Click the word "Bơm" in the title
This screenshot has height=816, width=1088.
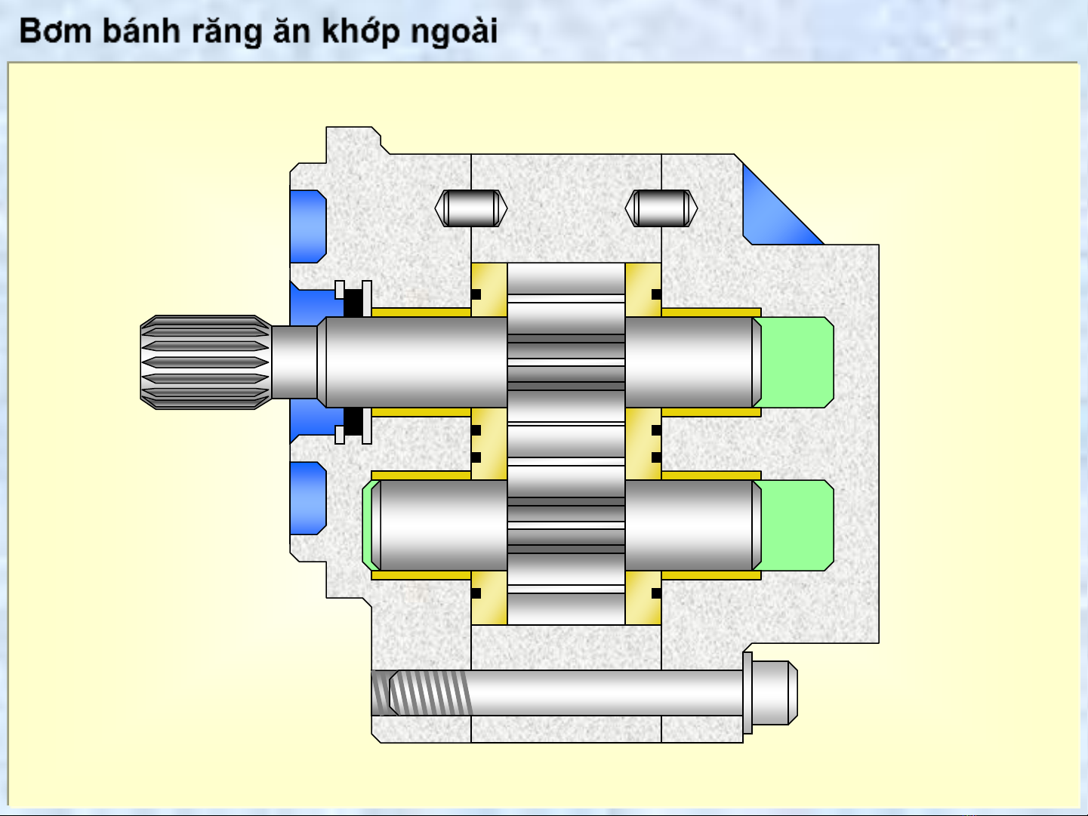coord(56,31)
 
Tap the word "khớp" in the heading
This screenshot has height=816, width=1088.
coord(360,32)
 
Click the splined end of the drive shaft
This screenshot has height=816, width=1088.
coord(205,362)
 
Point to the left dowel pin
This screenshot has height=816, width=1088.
coord(471,208)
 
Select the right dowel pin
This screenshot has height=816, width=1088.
coord(661,208)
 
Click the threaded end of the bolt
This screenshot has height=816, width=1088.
coord(421,693)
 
